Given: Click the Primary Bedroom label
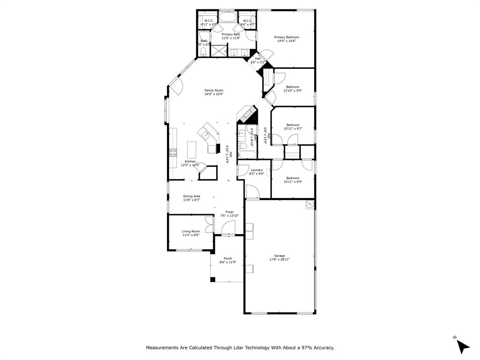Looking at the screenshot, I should pos(286,37).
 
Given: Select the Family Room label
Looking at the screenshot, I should pos(214,90).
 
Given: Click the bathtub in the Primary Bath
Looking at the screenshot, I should pos(230,18).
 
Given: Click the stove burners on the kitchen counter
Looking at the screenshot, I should pos(172,152).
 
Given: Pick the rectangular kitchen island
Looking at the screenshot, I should pos(191,150).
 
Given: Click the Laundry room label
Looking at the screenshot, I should pos(256,170).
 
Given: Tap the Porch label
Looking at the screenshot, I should pos(228,258).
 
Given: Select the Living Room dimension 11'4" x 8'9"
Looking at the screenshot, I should pos(191,235).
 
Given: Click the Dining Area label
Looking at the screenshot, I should pos(192,196).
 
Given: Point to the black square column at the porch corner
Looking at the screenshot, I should pos(212,279).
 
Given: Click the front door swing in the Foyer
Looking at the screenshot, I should pos(228,228).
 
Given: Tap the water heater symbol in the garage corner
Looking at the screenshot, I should pos(309,204).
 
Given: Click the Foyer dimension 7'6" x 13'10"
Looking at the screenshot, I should pos(230,216).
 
